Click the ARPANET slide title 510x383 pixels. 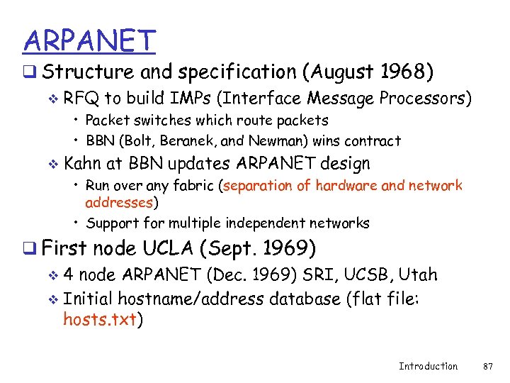(x=88, y=40)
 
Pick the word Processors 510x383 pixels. (x=425, y=98)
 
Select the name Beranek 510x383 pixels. (x=171, y=141)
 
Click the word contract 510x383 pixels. (x=374, y=141)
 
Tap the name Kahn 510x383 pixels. (x=82, y=164)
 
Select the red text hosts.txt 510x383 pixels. (x=100, y=320)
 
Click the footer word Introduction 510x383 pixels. (x=428, y=366)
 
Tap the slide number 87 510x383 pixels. (x=487, y=366)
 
